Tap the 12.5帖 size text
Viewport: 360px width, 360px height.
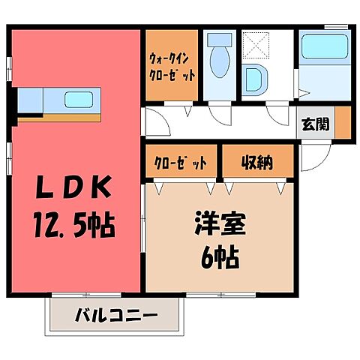pos(73,223)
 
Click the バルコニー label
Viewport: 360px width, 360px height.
pos(115,316)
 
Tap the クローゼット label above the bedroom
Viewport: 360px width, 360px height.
pos(172,161)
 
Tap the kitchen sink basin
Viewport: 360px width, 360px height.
pos(78,100)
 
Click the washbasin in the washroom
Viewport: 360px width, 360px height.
pos(253,79)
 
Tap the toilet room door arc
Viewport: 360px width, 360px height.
pos(220,112)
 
